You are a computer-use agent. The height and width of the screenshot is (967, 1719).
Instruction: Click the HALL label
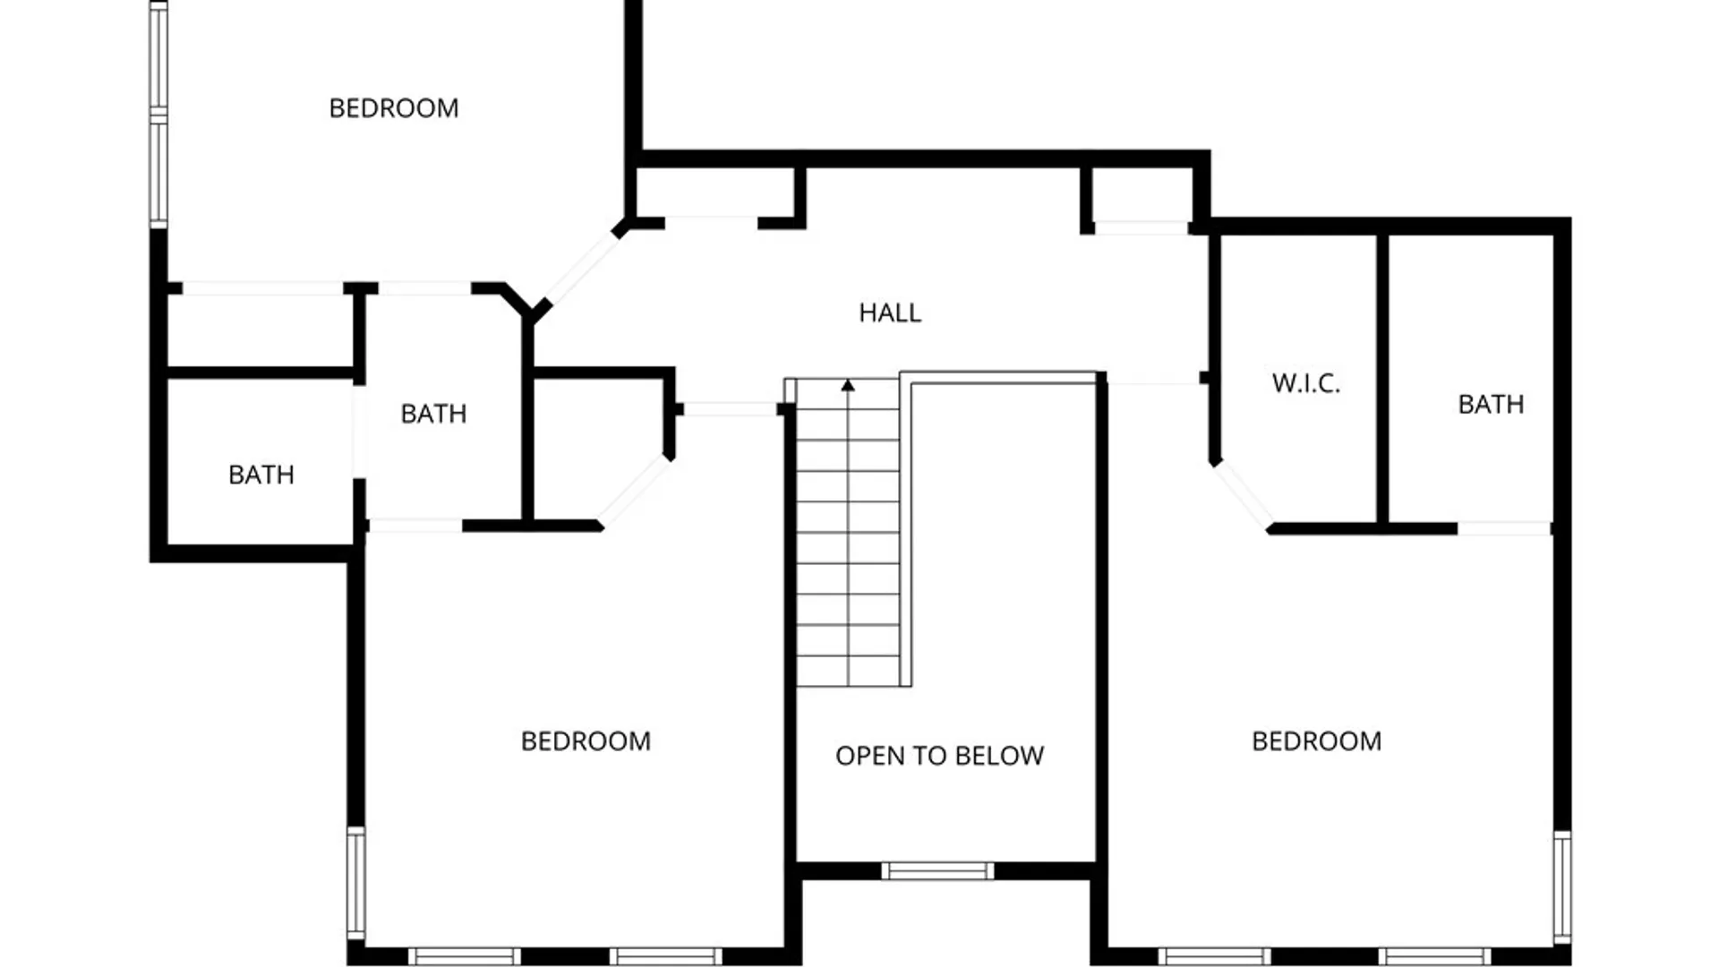pyautogui.click(x=890, y=312)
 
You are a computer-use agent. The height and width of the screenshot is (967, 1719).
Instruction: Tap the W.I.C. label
pyautogui.click(x=1306, y=383)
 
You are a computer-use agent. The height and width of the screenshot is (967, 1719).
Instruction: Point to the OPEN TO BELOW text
pyautogui.click(x=939, y=756)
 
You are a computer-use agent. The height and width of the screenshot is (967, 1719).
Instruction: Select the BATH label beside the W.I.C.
pyautogui.click(x=1491, y=405)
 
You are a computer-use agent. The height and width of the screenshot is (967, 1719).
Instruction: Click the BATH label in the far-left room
pyautogui.click(x=261, y=475)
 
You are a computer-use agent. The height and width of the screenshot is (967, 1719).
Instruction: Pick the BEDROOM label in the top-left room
pyautogui.click(x=394, y=108)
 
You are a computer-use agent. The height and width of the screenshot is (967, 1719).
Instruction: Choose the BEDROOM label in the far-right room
pyautogui.click(x=1316, y=741)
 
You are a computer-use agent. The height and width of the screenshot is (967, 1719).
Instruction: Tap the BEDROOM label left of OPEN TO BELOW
pyautogui.click(x=586, y=741)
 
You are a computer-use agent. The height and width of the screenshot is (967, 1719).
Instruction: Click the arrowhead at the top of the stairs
pyautogui.click(x=848, y=385)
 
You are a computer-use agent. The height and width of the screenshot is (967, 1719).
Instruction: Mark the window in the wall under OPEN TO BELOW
pyautogui.click(x=937, y=870)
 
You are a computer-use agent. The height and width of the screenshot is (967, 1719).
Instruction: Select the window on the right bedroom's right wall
pyautogui.click(x=1561, y=886)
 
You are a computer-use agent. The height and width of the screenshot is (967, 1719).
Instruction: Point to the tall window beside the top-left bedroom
pyautogui.click(x=158, y=115)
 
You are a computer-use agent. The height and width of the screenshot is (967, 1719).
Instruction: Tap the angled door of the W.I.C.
pyautogui.click(x=1242, y=496)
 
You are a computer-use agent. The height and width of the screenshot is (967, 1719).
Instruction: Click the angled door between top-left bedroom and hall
pyautogui.click(x=582, y=268)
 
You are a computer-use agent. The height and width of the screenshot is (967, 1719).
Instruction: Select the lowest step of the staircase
pyautogui.click(x=848, y=672)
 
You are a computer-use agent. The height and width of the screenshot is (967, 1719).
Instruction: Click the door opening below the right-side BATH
pyautogui.click(x=1504, y=529)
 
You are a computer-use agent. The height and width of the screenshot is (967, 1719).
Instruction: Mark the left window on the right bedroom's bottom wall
pyautogui.click(x=1214, y=956)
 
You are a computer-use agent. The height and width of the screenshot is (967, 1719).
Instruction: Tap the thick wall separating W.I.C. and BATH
pyautogui.click(x=1382, y=380)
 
